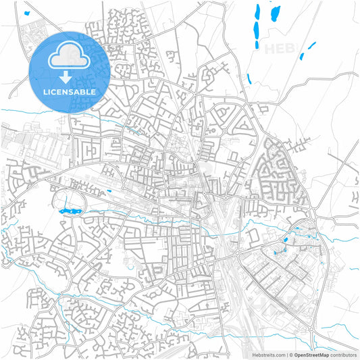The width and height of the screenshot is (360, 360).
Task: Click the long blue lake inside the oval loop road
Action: [70, 212]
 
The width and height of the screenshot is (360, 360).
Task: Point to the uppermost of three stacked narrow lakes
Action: [258, 13]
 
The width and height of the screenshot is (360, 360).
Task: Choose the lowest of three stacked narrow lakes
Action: [257, 42]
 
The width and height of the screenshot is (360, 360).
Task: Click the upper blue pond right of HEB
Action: [312, 45]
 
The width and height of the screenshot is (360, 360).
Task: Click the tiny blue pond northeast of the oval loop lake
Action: [109, 191]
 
